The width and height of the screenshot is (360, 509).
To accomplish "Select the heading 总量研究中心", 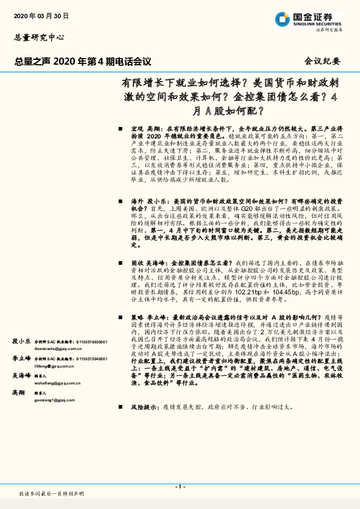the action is (x=39, y=38).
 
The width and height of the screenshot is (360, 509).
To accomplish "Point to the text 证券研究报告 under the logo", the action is (x=329, y=29).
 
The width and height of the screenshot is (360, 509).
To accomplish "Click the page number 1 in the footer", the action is (x=180, y=487).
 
